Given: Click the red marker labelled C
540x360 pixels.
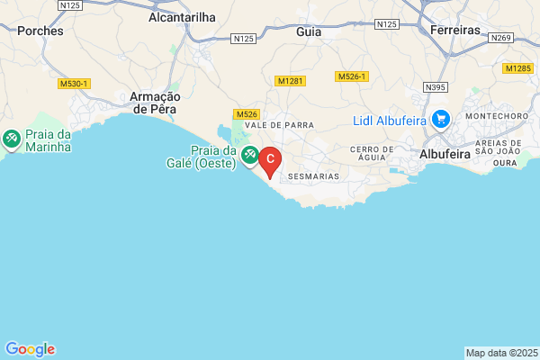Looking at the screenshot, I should [x=270, y=158].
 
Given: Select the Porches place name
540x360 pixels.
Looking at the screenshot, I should [x=40, y=30].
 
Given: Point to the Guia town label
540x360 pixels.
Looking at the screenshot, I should [x=309, y=30].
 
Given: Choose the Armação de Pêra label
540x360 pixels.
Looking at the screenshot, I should [x=157, y=102].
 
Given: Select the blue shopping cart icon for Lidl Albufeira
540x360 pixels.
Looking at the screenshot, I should [x=440, y=118].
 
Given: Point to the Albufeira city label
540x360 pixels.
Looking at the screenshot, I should [x=445, y=154].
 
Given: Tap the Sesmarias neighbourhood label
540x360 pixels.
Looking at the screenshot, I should [x=313, y=176].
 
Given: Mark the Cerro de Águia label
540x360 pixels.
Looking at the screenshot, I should [x=373, y=154].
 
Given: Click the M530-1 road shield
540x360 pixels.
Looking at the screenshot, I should [x=74, y=84].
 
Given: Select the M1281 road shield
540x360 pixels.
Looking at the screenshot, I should [x=290, y=81].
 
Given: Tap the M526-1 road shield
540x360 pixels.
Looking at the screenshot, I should [x=353, y=77].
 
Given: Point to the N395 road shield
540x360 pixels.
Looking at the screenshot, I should [x=436, y=86].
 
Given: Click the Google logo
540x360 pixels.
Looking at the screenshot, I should [x=30, y=349].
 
